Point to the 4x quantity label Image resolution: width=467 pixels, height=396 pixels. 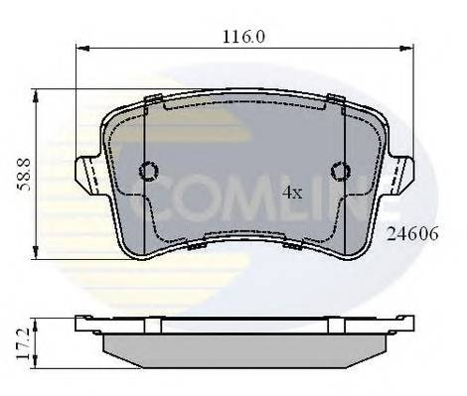click(x=291, y=193)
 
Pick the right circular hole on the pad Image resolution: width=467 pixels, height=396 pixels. click(x=340, y=173)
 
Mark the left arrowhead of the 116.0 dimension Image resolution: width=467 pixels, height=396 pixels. click(x=81, y=47)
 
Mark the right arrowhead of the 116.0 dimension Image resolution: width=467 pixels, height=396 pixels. click(x=408, y=47)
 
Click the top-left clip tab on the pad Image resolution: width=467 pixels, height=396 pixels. click(x=154, y=98)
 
